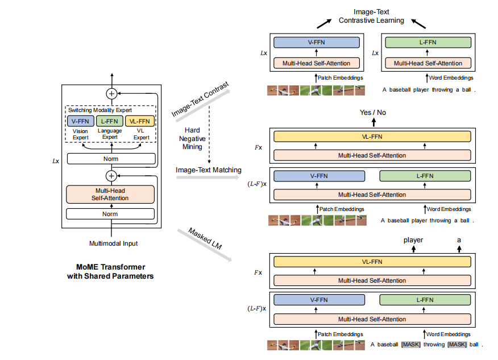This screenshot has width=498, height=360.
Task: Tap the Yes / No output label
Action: (373, 112)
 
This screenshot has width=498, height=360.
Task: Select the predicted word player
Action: (413, 240)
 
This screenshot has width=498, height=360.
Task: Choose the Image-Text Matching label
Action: (208, 169)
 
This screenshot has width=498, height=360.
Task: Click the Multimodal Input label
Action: (114, 243)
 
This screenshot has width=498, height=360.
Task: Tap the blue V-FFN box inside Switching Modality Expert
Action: (80, 121)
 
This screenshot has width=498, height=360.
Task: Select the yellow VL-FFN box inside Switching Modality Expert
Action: (139, 121)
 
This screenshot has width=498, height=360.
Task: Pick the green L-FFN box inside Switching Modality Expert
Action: (109, 121)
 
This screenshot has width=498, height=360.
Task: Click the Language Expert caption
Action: (109, 134)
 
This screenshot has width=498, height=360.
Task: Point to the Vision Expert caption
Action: (80, 134)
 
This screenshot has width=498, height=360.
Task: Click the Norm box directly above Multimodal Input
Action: (111, 214)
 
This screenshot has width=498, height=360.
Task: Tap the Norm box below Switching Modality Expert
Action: (111, 159)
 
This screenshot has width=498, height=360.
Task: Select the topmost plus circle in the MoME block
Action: (111, 93)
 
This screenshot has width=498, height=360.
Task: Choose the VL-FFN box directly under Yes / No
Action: (372, 136)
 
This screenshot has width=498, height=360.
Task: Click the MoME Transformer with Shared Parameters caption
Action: (110, 271)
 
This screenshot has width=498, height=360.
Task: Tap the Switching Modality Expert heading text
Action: (100, 110)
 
